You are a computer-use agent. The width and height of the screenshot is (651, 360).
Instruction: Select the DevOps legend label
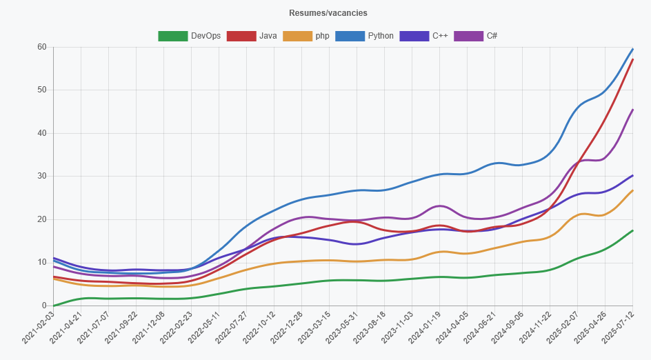pyautogui.click(x=206, y=36)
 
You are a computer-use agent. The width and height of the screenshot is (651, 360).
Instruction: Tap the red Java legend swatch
pyautogui.click(x=241, y=36)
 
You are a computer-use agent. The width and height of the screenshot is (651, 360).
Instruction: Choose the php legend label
pyautogui.click(x=322, y=36)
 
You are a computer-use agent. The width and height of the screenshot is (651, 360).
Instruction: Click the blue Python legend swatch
pyautogui.click(x=350, y=36)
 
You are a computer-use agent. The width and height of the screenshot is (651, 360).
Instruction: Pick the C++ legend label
pyautogui.click(x=440, y=36)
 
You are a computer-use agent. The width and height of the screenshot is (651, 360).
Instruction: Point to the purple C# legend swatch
pyautogui.click(x=468, y=36)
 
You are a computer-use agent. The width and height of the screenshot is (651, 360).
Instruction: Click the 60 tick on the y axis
pyautogui.click(x=42, y=47)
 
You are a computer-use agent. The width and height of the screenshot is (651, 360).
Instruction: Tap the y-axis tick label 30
pyautogui.click(x=42, y=177)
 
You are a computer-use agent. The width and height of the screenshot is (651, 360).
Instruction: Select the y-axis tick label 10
pyautogui.click(x=42, y=263)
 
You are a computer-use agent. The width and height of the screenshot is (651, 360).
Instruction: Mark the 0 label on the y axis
pyautogui.click(x=44, y=306)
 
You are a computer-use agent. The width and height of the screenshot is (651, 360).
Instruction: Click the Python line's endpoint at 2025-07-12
pyautogui.click(x=632, y=49)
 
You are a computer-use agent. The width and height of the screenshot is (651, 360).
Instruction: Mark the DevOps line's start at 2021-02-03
pyautogui.click(x=54, y=306)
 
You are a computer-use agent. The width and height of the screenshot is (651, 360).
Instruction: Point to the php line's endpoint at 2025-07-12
pyautogui.click(x=632, y=191)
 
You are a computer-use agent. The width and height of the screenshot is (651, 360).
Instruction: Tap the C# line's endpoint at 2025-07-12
pyautogui.click(x=632, y=110)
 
